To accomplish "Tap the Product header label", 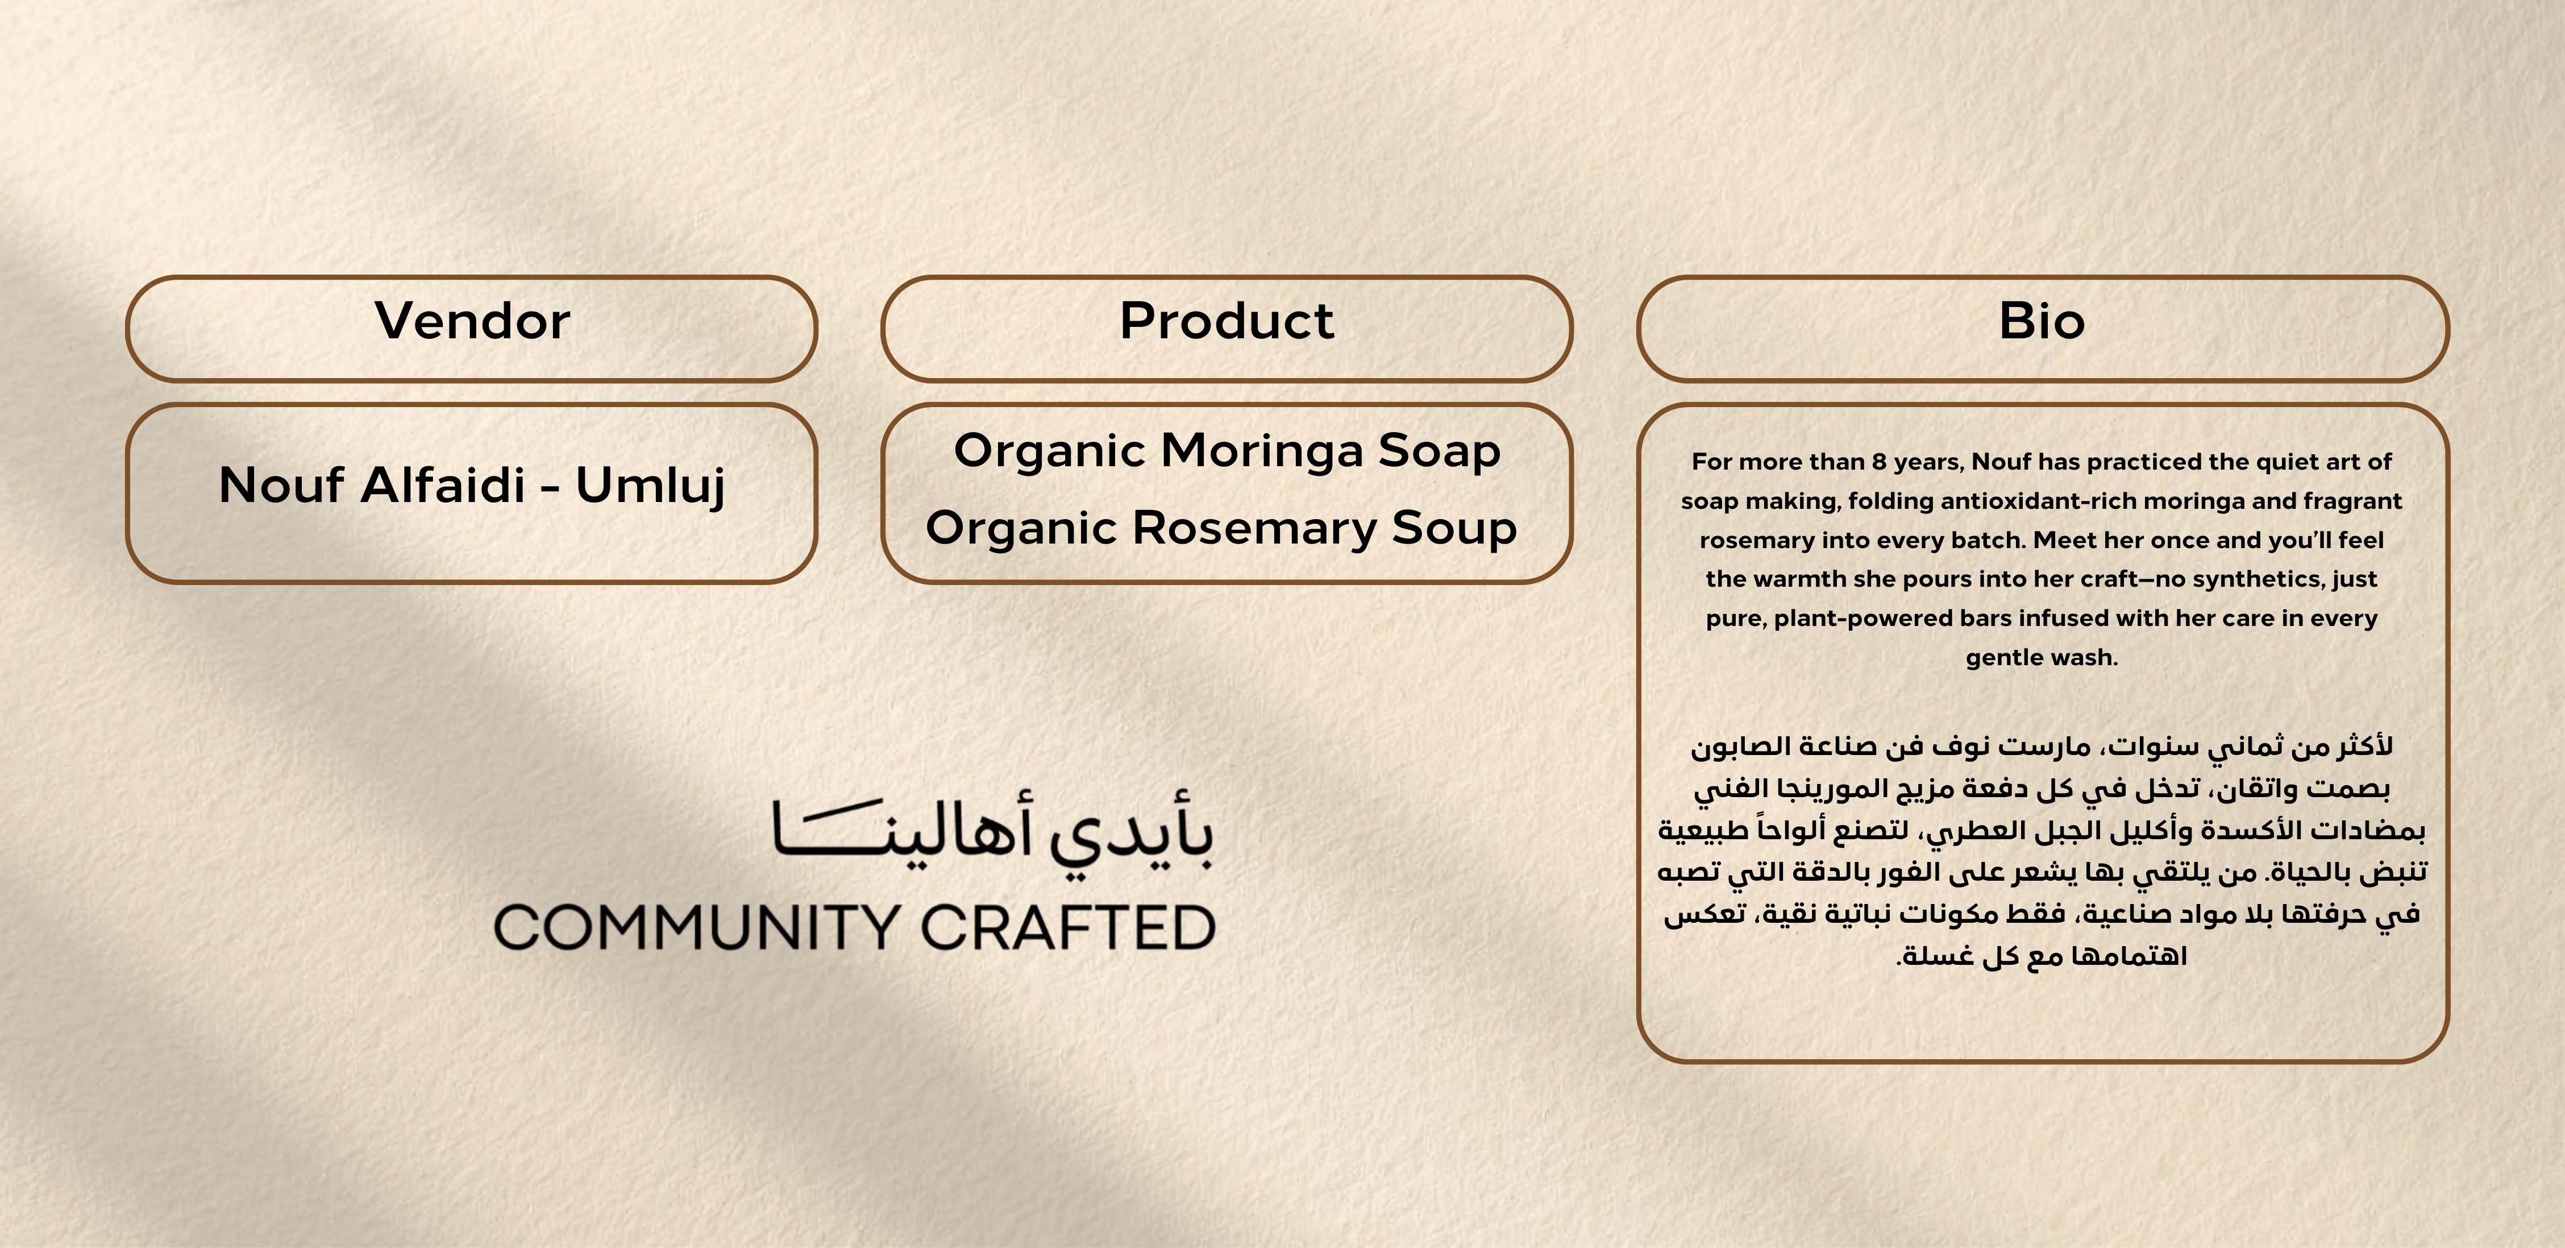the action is [1227, 321].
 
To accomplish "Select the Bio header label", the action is [2041, 321].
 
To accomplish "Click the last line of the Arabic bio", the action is [2041, 957].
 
